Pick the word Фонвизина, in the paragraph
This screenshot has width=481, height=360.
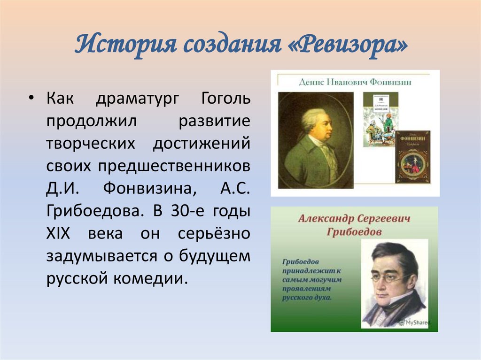(141, 189)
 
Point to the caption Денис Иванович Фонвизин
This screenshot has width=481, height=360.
(355, 82)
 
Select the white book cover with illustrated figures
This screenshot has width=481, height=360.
(380, 118)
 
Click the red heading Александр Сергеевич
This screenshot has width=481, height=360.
(354, 219)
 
